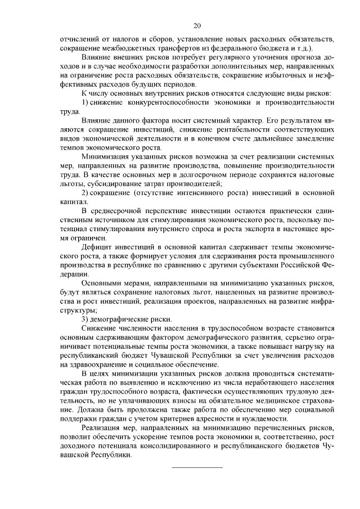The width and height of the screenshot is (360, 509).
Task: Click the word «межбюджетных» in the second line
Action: tap(122, 48)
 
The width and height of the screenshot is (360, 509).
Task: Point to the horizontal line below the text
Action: tap(197, 467)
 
